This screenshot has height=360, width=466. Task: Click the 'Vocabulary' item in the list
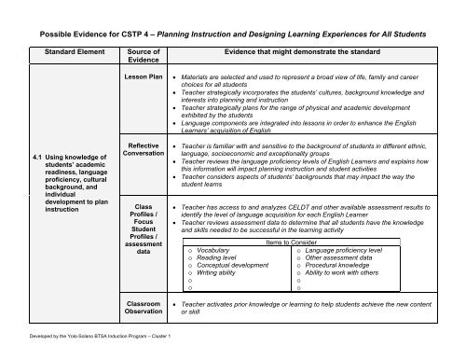click(x=217, y=250)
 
